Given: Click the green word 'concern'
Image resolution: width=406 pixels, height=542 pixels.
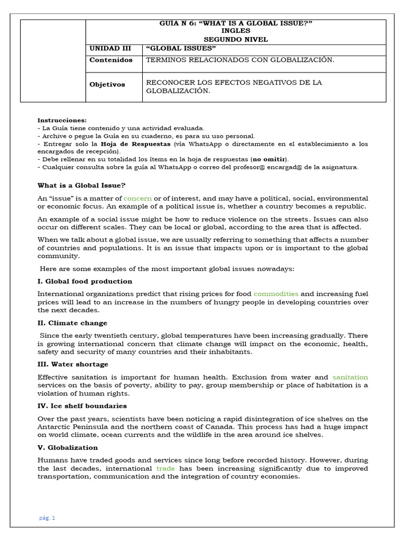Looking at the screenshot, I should coord(137,198).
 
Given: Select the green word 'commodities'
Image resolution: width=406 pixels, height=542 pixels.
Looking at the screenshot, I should coord(276,293).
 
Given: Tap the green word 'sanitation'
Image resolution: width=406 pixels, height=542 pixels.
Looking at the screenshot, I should coord(350,377).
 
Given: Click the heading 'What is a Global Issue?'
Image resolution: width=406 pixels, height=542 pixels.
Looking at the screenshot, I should coord(81,185).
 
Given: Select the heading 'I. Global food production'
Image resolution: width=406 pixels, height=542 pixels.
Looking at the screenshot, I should coord(85,281).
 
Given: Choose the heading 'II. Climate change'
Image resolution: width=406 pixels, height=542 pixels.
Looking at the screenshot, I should coord(72,323).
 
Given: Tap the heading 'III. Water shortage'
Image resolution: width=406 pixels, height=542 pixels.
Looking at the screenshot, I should coord(73,364).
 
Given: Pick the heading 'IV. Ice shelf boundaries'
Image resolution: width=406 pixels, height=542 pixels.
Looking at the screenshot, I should coord(82,406).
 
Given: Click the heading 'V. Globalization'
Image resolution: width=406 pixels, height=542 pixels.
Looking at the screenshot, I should coord(68,447).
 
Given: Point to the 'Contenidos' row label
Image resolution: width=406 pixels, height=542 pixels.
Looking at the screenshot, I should coord(111,60).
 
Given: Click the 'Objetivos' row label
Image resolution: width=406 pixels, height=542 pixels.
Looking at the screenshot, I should coord(107,84).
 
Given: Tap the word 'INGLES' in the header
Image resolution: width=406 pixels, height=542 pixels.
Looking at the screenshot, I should coord(236,31).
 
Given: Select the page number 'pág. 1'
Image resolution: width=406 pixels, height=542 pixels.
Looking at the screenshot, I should coord(47,518).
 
